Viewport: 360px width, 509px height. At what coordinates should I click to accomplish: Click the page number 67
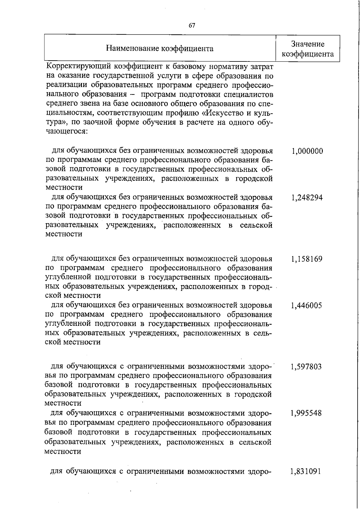tap(192, 26)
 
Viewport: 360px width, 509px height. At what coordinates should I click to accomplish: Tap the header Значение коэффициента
tap(308, 49)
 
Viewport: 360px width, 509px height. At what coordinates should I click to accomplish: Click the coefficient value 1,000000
tap(307, 151)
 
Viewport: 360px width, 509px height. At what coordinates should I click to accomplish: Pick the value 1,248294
tap(307, 198)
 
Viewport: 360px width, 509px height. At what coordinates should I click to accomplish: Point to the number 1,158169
tap(307, 259)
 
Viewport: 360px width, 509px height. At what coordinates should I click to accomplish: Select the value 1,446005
tap(306, 305)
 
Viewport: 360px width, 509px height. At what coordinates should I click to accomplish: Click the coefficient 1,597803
tap(306, 367)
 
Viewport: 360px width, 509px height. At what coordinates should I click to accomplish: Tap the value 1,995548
tap(306, 413)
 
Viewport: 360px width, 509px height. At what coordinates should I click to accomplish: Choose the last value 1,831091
tap(306, 472)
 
